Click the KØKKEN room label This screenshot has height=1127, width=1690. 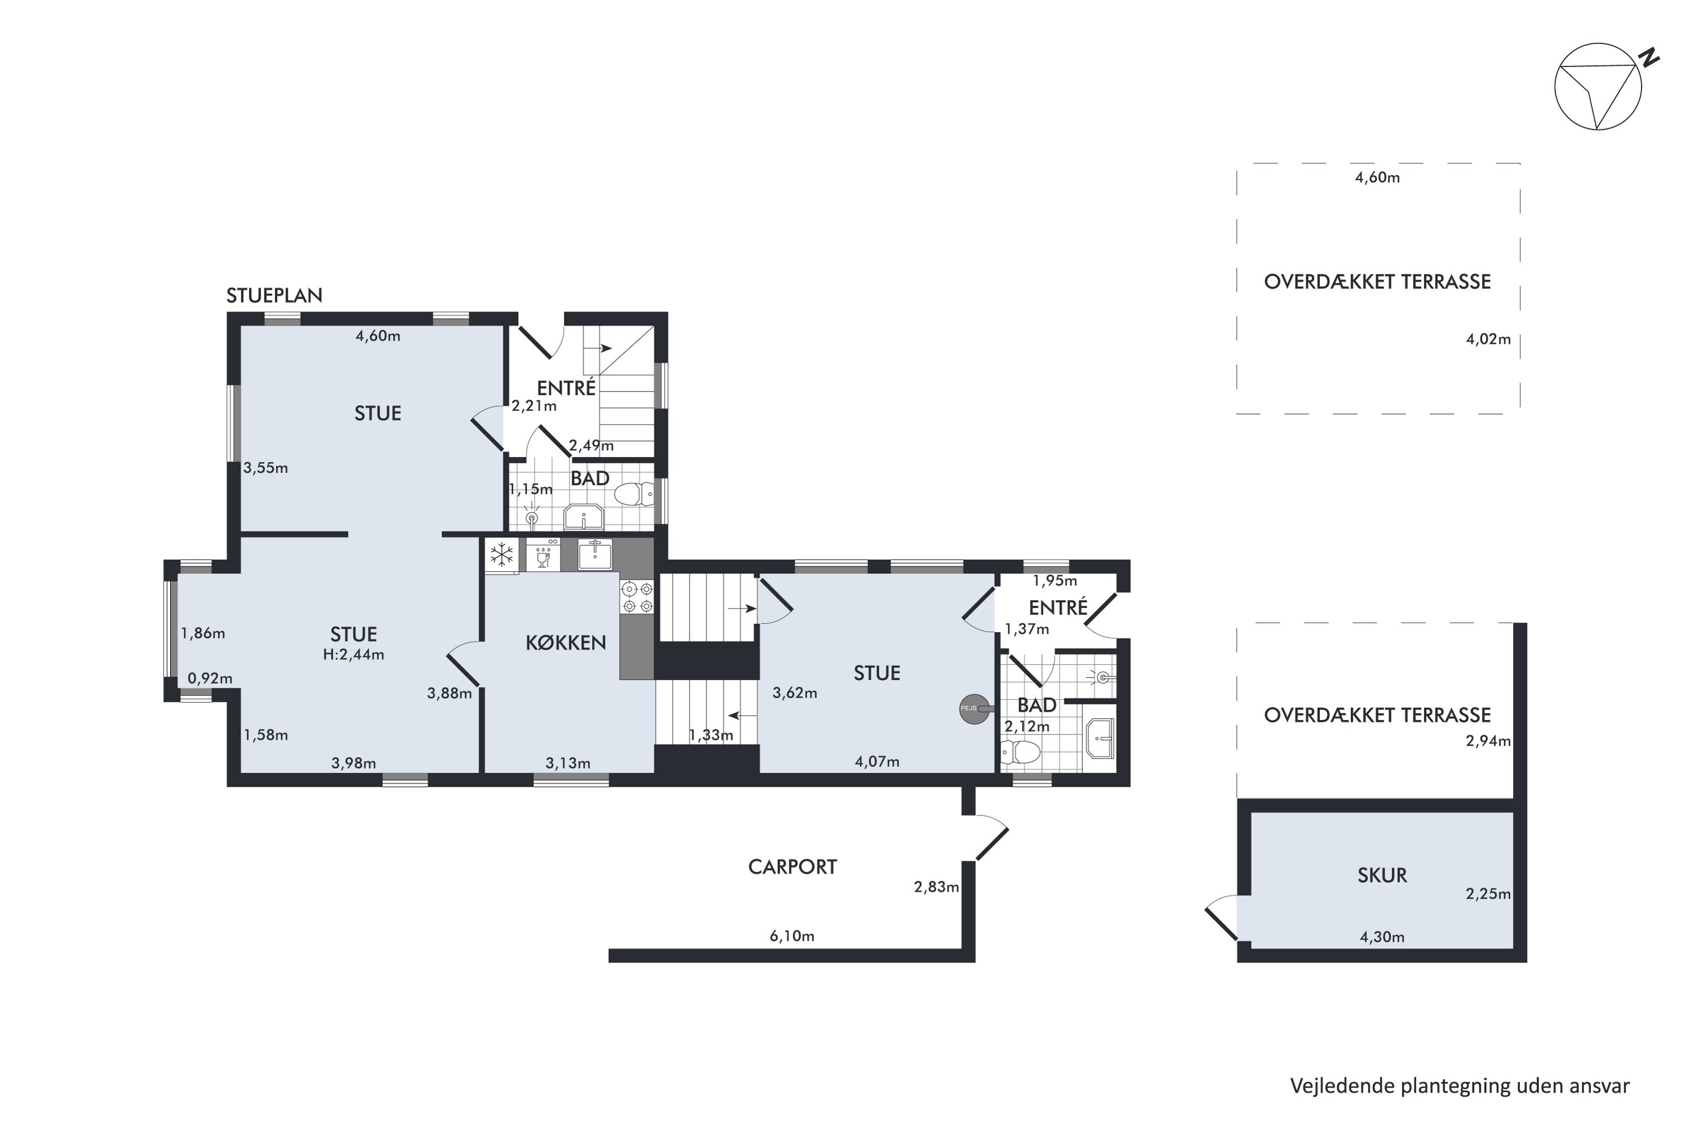click(x=566, y=642)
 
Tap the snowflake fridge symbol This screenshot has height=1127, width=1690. click(x=501, y=555)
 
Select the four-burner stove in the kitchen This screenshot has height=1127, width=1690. click(x=637, y=597)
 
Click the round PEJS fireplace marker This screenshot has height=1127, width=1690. click(x=973, y=709)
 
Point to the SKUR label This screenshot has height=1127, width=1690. click(x=1382, y=876)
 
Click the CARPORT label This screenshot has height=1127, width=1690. click(x=793, y=867)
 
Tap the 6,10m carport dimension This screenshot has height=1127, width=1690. click(x=792, y=936)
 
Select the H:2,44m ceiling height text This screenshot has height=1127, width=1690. click(x=354, y=655)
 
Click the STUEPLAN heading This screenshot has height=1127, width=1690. click(x=274, y=295)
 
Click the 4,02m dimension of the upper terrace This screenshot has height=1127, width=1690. click(x=1488, y=339)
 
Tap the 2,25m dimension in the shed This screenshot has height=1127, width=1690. click(x=1488, y=894)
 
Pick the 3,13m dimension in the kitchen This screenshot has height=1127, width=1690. click(x=568, y=764)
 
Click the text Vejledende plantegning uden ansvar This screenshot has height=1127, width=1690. click(x=1460, y=1086)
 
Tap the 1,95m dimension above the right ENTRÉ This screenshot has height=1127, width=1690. click(x=1055, y=581)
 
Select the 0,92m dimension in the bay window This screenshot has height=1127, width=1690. click(x=210, y=678)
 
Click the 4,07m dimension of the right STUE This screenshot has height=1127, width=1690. click(x=877, y=762)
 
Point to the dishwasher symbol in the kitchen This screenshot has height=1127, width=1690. click(x=543, y=555)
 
